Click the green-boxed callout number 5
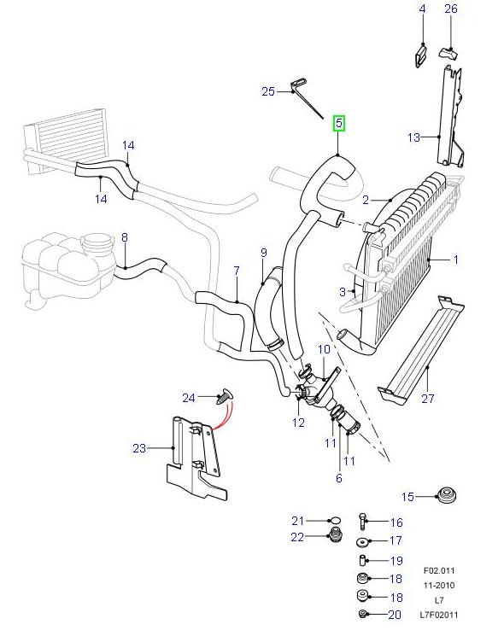coord(339,124)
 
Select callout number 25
coord(268,91)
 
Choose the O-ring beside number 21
coord(334,521)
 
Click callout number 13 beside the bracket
coord(414,137)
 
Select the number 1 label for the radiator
coord(455,260)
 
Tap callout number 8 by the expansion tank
coord(124,237)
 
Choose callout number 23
coord(139,447)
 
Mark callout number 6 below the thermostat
coord(338,479)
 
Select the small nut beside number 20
coord(363,615)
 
